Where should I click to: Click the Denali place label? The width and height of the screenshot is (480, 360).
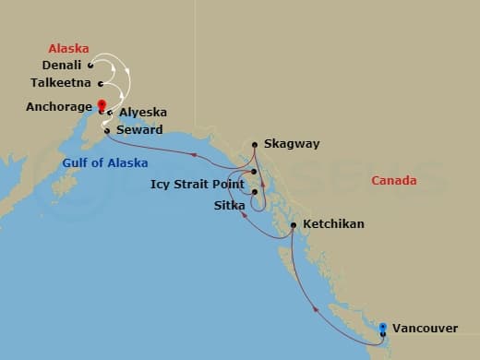63,66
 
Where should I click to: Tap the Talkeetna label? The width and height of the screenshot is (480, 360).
55,82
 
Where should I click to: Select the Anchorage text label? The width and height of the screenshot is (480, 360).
57,107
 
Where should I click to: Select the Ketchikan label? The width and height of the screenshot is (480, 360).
333,224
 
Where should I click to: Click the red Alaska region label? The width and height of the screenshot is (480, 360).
69,47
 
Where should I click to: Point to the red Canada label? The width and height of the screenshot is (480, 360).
393,181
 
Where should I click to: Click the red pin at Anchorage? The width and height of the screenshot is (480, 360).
102,105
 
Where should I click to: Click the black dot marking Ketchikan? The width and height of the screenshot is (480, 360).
293,224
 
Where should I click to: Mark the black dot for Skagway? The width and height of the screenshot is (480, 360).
255,144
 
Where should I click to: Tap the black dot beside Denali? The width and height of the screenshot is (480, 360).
90,66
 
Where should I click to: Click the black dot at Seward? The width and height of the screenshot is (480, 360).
107,130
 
